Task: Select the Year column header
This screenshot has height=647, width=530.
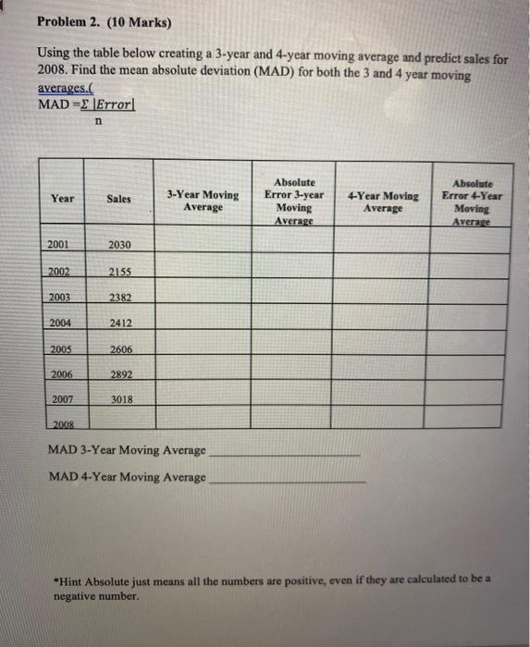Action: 63,198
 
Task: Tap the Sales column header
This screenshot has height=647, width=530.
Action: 119,199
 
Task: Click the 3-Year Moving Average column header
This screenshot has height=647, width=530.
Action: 203,201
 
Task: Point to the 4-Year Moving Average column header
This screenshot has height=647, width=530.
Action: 383,201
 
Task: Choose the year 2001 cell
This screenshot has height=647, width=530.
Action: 59,244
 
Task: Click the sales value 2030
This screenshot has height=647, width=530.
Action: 119,245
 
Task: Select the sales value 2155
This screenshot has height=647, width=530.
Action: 119,273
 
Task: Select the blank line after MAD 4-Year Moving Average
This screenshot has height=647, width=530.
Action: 287,481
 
